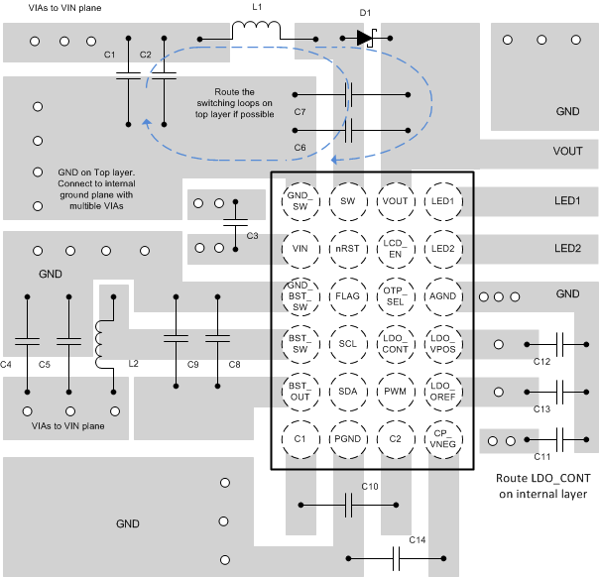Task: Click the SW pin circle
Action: point(348,200)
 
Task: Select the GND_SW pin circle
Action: point(299,200)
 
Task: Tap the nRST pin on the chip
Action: point(348,248)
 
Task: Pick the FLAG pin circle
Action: point(348,295)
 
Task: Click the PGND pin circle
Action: point(348,438)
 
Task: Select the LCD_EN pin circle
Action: point(396,248)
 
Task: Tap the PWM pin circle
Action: point(396,391)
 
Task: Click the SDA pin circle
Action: point(348,391)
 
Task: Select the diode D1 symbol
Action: point(366,39)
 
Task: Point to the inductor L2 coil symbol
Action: point(100,343)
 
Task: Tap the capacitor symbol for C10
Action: point(349,505)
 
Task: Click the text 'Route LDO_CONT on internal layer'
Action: point(540,486)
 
